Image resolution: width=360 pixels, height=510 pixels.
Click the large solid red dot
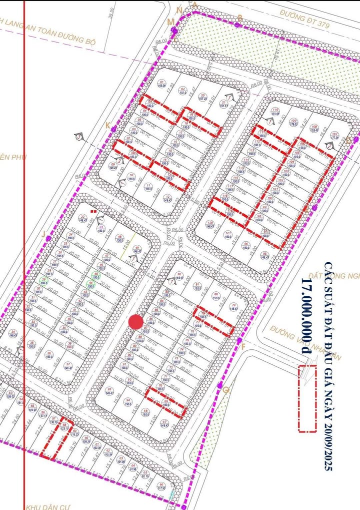135,322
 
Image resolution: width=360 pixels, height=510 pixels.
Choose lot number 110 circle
275,110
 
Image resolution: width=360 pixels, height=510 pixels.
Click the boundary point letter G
225,389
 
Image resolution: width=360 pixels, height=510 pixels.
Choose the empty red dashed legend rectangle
307,398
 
